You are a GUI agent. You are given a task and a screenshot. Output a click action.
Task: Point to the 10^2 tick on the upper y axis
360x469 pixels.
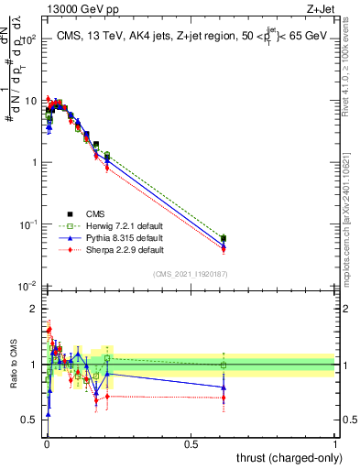pyautogui.click(x=30, y=40)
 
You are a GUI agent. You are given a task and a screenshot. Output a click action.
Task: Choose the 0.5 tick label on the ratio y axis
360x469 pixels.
pyautogui.click(x=32, y=420)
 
